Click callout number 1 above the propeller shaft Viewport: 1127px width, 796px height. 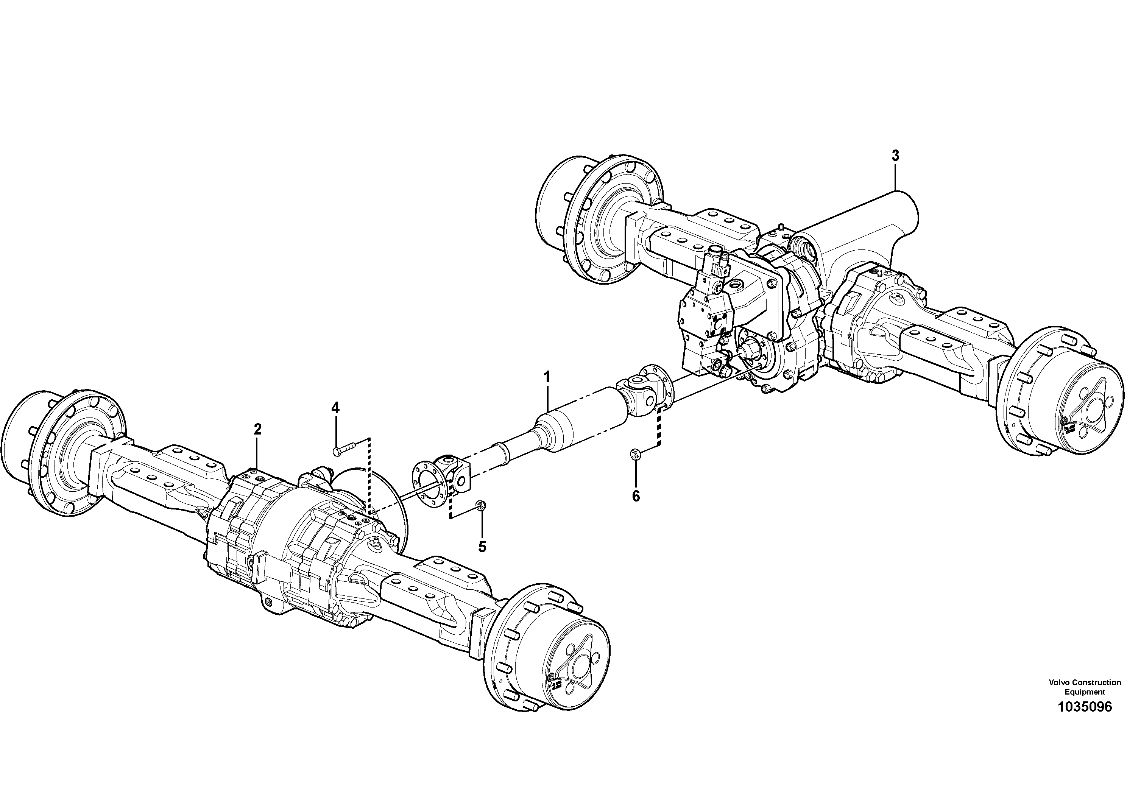546,377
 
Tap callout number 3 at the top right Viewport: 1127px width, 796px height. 895,156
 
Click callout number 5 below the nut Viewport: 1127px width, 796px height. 482,547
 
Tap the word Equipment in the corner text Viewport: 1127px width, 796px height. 1085,692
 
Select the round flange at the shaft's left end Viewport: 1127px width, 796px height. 427,480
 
